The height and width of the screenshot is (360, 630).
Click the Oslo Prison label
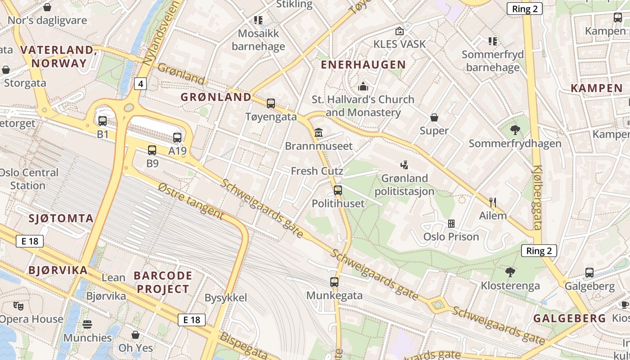point(451,237)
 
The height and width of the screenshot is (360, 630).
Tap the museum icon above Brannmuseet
point(319,133)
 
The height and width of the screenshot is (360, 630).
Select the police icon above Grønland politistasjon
point(404,165)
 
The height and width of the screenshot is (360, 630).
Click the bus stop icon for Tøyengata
point(271,103)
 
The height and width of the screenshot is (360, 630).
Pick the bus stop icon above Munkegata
point(334,282)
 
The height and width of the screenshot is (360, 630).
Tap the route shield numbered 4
point(141,84)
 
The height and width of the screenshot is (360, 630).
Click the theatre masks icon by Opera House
point(18,306)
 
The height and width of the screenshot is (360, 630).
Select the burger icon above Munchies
point(87,324)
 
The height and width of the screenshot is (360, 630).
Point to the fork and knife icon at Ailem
point(493,202)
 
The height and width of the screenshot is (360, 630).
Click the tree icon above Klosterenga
point(510,272)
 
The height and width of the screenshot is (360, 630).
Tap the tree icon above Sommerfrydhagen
point(515,130)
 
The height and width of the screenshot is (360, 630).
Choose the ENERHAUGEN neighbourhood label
point(363,65)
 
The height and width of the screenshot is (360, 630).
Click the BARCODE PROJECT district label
point(163,282)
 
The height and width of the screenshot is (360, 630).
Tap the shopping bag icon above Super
point(434,117)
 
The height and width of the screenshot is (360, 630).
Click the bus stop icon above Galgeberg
point(589,273)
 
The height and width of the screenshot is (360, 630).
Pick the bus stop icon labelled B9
point(152,150)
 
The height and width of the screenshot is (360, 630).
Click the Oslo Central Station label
point(29,179)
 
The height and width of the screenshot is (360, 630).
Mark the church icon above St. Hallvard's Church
point(363,86)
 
